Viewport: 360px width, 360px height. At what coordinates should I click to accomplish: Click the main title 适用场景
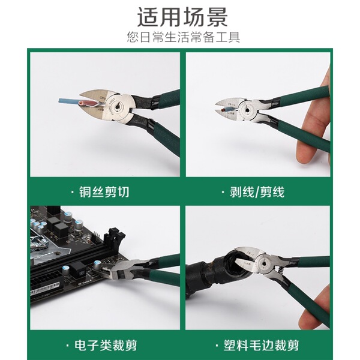pos(182,17)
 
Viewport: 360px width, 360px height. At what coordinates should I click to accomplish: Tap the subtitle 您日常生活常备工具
pos(184,37)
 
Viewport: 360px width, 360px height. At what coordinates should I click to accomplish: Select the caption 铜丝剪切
pos(104,192)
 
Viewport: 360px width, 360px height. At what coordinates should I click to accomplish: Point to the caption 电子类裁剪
pos(106,345)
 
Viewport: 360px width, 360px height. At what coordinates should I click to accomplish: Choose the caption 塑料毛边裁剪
pos(261,345)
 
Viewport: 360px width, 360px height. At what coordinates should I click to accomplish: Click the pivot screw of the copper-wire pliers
pos(118,106)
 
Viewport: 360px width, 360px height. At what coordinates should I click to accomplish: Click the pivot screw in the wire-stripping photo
pos(247,110)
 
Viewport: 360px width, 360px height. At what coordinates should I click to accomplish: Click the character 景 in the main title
pos(217,17)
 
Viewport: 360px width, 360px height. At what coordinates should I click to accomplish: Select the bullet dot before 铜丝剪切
pos(73,192)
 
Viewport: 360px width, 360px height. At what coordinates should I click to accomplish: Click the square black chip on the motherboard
pos(62,230)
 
